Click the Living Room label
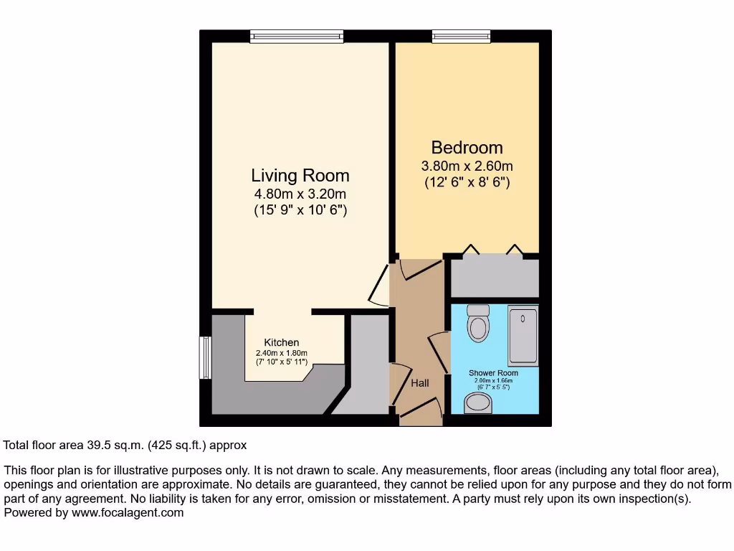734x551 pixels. [300, 175]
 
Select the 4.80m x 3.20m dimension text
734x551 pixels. [300, 194]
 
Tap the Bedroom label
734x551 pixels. [467, 148]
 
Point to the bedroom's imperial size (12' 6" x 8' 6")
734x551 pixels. [467, 182]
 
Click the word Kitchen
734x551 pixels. [281, 342]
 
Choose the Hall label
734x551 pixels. [420, 383]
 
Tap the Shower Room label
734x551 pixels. [493, 373]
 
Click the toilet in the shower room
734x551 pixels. [477, 324]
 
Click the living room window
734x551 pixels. [297, 36]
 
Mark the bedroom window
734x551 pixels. [462, 36]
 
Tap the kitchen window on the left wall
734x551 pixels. [205, 357]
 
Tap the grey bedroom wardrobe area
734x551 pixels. [494, 278]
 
